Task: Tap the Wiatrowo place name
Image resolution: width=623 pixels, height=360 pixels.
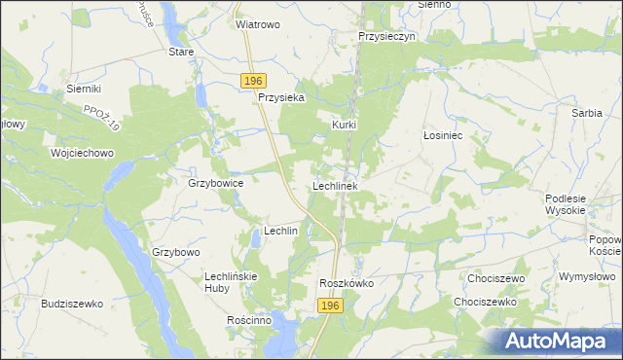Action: pyautogui.click(x=258, y=25)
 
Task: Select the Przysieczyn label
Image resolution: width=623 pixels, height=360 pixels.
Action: pyautogui.click(x=386, y=35)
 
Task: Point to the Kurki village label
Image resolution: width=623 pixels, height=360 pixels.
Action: pyautogui.click(x=345, y=125)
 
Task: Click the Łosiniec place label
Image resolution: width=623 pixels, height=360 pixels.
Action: pyautogui.click(x=441, y=136)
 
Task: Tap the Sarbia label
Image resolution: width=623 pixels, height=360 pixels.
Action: pyautogui.click(x=586, y=113)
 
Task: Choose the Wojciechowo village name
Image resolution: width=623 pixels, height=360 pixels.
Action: pyautogui.click(x=83, y=153)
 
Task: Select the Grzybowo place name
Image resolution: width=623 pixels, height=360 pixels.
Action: pyautogui.click(x=175, y=252)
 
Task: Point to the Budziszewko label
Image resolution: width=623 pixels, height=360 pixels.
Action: pyautogui.click(x=72, y=304)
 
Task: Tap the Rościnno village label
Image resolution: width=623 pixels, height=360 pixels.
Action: pyautogui.click(x=248, y=320)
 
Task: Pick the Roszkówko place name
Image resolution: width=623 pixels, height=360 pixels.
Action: pyautogui.click(x=347, y=283)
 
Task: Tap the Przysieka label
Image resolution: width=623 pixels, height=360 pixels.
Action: pyautogui.click(x=281, y=97)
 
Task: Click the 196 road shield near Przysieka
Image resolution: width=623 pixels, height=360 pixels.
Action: pyautogui.click(x=255, y=80)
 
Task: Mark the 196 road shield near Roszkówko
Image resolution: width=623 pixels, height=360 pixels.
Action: pyautogui.click(x=331, y=306)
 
